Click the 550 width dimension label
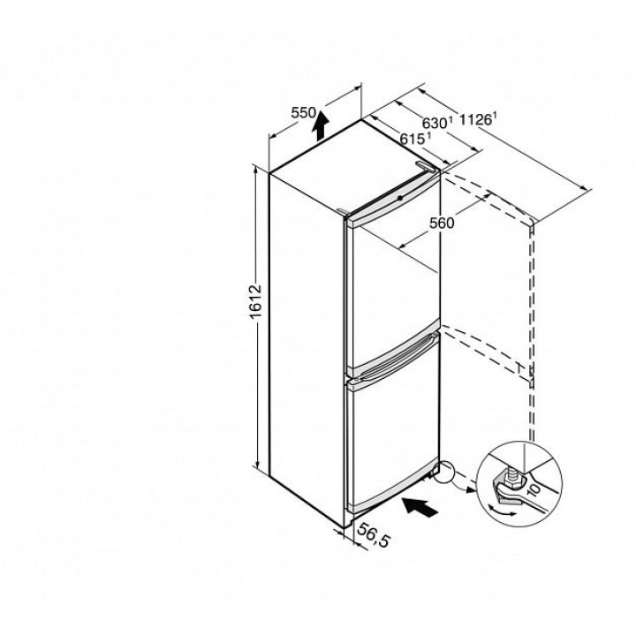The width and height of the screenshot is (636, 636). click(x=303, y=112)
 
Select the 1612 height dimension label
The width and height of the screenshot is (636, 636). click(x=256, y=302)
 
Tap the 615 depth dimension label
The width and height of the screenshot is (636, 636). click(x=413, y=139)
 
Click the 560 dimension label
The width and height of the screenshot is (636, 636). click(x=442, y=223)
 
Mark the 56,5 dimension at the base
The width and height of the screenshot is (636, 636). click(x=374, y=534)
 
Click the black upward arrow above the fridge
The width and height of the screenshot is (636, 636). click(x=320, y=125)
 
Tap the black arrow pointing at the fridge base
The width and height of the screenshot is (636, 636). click(x=420, y=507)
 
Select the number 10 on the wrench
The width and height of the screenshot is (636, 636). click(x=534, y=490)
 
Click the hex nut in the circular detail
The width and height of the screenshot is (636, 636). click(x=512, y=481)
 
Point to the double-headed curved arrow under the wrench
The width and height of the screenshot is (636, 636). click(x=502, y=510)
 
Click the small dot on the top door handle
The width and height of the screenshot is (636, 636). click(x=400, y=198)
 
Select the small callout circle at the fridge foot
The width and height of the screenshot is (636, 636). click(x=444, y=472)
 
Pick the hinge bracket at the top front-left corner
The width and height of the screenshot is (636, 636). click(x=343, y=211)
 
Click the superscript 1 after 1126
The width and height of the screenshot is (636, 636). click(x=495, y=115)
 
